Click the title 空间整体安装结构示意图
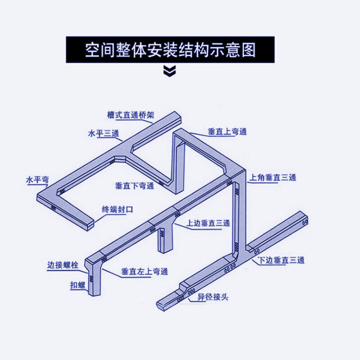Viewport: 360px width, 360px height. (x=171, y=49)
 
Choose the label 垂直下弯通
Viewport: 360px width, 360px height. (x=135, y=185)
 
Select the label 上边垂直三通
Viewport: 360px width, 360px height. (x=208, y=223)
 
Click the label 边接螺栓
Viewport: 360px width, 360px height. (x=63, y=265)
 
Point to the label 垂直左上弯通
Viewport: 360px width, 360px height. (x=144, y=272)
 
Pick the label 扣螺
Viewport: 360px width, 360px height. (x=77, y=285)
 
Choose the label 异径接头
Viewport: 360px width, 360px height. (x=213, y=297)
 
